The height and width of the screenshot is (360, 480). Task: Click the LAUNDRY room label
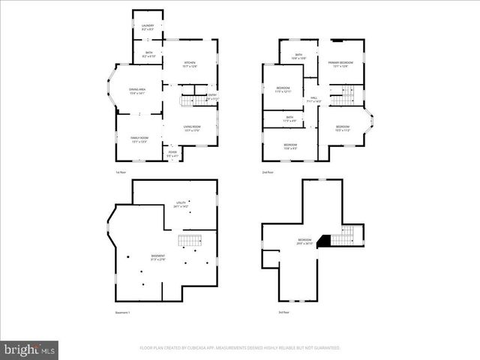tap(148, 27)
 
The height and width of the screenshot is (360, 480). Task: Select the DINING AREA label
tap(136, 91)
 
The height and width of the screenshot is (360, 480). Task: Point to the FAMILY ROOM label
tap(139, 139)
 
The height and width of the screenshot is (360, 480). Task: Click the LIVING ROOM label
tap(192, 128)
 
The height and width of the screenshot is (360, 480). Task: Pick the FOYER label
tap(172, 154)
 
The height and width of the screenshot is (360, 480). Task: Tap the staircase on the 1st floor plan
tap(188, 100)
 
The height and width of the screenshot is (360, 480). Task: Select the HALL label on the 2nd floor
tap(315, 99)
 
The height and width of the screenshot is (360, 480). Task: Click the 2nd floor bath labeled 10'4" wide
tap(298, 56)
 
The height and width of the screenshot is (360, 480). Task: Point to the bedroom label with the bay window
tap(343, 127)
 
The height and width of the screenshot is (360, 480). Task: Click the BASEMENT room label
tap(157, 257)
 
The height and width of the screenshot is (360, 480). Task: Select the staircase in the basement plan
tap(190, 241)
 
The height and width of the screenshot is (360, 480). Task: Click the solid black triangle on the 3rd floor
tap(323, 241)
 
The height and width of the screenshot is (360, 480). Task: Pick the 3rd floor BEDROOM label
tap(304, 242)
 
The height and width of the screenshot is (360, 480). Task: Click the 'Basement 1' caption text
tap(123, 312)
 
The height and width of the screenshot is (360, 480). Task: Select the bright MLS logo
tap(29, 349)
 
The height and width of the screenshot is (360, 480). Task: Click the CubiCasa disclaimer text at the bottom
tap(239, 348)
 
